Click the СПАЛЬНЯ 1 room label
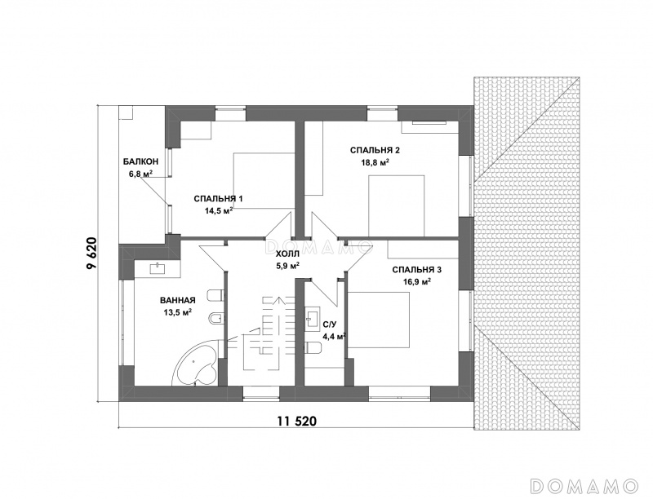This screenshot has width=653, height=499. (x=218, y=199)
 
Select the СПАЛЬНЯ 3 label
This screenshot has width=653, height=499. (x=417, y=270)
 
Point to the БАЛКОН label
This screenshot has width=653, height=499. (x=140, y=161)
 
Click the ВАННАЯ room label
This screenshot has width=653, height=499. (x=177, y=300)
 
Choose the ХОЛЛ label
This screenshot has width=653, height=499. (x=288, y=254)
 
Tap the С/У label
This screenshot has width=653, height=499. (x=328, y=325)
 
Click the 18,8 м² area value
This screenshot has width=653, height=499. (x=375, y=162)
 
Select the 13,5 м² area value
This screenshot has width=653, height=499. (x=177, y=312)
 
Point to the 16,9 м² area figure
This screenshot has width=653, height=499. (x=417, y=282)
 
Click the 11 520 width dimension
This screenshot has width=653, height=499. (x=297, y=422)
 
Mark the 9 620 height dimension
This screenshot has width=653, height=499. (x=91, y=254)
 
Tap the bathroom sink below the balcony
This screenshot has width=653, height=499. (x=158, y=268)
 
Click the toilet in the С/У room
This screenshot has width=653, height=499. (x=313, y=347)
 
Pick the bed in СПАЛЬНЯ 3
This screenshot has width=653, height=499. (x=379, y=320)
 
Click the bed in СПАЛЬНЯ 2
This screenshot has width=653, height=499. (x=397, y=205)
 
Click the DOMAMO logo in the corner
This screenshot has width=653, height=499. (x=584, y=486)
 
